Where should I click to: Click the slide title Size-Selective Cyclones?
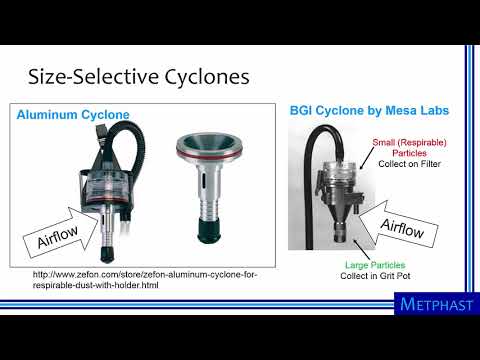point(139,76)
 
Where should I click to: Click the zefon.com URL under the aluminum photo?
point(137,279)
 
